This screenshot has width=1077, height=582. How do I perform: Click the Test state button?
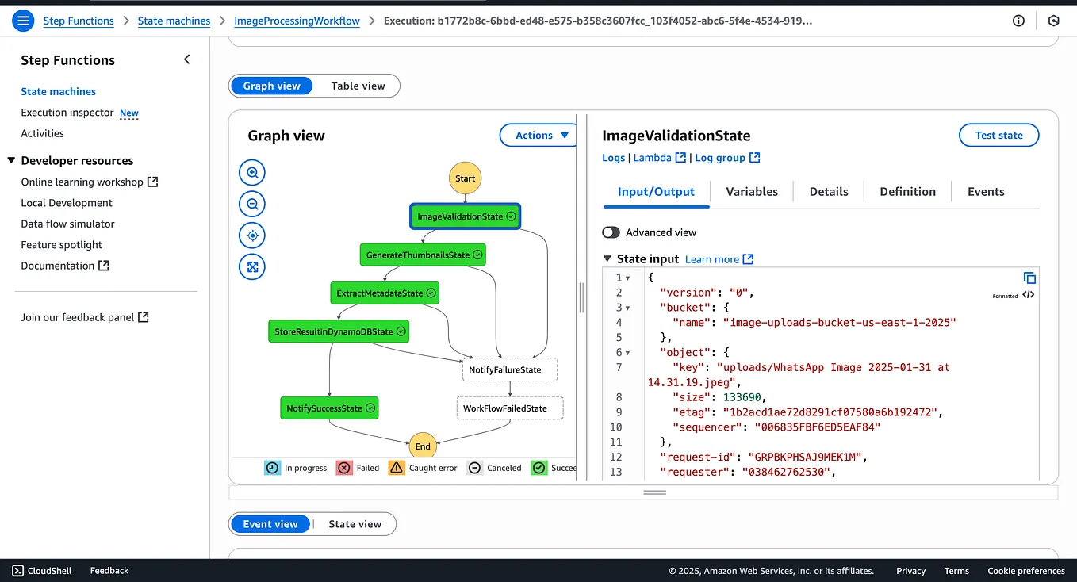pyautogui.click(x=998, y=136)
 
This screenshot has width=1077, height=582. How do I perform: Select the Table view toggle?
pyautogui.click(x=358, y=86)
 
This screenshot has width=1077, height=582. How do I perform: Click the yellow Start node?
pyautogui.click(x=465, y=178)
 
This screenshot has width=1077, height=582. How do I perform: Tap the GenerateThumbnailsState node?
pyautogui.click(x=423, y=255)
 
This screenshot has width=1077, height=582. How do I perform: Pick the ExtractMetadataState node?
pyautogui.click(x=385, y=293)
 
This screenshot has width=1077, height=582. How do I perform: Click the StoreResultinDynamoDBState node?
pyautogui.click(x=339, y=331)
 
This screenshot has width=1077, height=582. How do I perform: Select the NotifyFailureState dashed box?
pyautogui.click(x=509, y=369)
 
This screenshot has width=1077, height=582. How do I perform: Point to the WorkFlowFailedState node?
pyautogui.click(x=509, y=408)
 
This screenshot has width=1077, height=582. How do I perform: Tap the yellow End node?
pyautogui.click(x=423, y=446)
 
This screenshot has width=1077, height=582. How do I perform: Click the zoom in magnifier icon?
pyautogui.click(x=252, y=172)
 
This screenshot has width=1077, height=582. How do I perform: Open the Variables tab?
pyautogui.click(x=751, y=192)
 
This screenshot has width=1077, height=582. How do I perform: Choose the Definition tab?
pyautogui.click(x=907, y=192)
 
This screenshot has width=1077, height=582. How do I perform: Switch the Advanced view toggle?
pyautogui.click(x=611, y=232)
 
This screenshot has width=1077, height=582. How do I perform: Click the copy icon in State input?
pyautogui.click(x=1029, y=278)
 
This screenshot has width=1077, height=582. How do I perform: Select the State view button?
pyautogui.click(x=355, y=524)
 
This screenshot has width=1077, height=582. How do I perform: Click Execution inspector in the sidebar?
pyautogui.click(x=67, y=113)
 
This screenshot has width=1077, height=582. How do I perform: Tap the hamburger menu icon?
pyautogui.click(x=22, y=21)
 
